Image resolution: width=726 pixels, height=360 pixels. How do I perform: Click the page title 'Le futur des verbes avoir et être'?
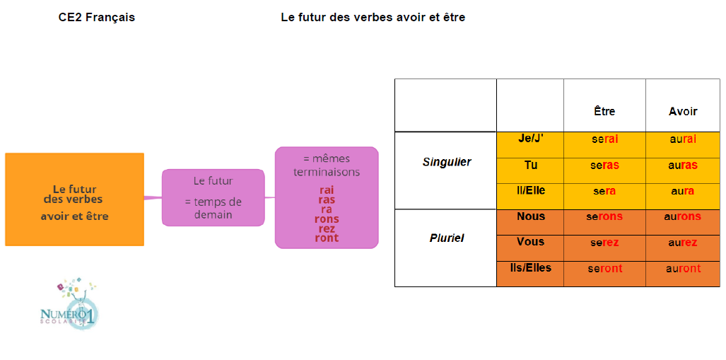coord(373,18)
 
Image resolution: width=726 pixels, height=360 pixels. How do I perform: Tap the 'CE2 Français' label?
coord(96,18)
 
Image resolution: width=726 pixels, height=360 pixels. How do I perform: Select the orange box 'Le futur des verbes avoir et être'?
coord(74,199)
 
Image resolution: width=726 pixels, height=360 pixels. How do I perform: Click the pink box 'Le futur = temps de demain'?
coord(213,197)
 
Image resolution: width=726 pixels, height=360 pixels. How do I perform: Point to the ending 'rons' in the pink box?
coord(327,219)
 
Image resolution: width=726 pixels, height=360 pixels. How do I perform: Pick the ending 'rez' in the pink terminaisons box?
coord(327,228)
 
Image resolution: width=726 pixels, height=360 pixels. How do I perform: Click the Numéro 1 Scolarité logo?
coord(69,305)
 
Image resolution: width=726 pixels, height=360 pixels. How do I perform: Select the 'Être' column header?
coord(604,111)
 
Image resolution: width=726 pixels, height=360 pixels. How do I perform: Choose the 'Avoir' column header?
coord(683,111)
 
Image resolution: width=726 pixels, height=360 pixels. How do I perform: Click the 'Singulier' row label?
coord(446,162)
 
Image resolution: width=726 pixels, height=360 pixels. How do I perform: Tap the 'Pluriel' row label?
coord(446,238)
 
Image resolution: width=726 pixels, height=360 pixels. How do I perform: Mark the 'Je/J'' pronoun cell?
coord(530,139)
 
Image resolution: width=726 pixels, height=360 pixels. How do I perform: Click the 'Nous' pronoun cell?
coord(530,216)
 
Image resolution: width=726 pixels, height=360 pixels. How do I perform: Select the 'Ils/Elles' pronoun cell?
coord(530,268)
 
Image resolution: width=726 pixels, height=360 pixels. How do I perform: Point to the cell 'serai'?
coord(604,139)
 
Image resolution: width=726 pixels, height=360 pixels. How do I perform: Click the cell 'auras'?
coord(683,166)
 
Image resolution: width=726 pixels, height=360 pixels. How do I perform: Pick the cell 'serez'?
coord(604,243)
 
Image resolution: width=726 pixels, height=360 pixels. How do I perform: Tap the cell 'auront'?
coord(683,269)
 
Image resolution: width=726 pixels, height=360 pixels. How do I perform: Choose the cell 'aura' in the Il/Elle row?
coord(683,191)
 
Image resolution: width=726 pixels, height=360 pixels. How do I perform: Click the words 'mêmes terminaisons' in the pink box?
coord(327,165)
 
